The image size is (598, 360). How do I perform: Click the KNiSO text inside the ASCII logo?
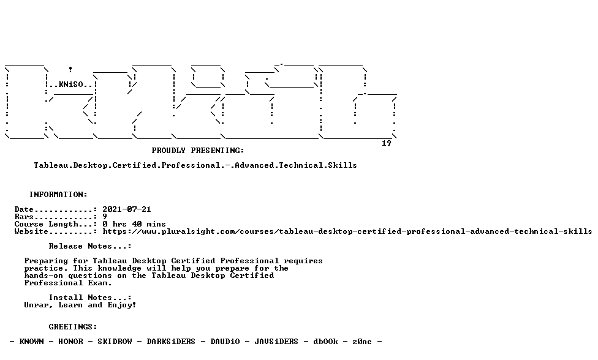pyautogui.click(x=70, y=84)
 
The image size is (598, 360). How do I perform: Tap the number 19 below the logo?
pyautogui.click(x=387, y=143)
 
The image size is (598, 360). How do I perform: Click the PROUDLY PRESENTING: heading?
pyautogui.click(x=198, y=151)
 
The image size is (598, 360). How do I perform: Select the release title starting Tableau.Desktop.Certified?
pyautogui.click(x=195, y=165)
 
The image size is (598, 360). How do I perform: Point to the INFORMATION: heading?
pyautogui.click(x=58, y=195)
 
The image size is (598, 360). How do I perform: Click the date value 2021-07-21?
pyautogui.click(x=127, y=209)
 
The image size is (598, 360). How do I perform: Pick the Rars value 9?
pyautogui.click(x=105, y=217)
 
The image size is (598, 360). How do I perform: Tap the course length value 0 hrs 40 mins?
pyautogui.click(x=134, y=224)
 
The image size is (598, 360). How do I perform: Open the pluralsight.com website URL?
pyautogui.click(x=347, y=231)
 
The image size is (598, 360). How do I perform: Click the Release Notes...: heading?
pyautogui.click(x=90, y=246)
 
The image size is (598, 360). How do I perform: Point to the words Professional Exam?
pyautogui.click(x=68, y=283)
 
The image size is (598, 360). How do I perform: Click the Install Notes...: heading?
pyautogui.click(x=90, y=298)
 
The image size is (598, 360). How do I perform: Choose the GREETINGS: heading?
pyautogui.click(x=73, y=327)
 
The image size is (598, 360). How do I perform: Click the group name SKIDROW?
pyautogui.click(x=115, y=342)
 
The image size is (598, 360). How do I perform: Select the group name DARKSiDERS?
pyautogui.click(x=171, y=342)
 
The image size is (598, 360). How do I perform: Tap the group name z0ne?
pyautogui.click(x=361, y=342)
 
